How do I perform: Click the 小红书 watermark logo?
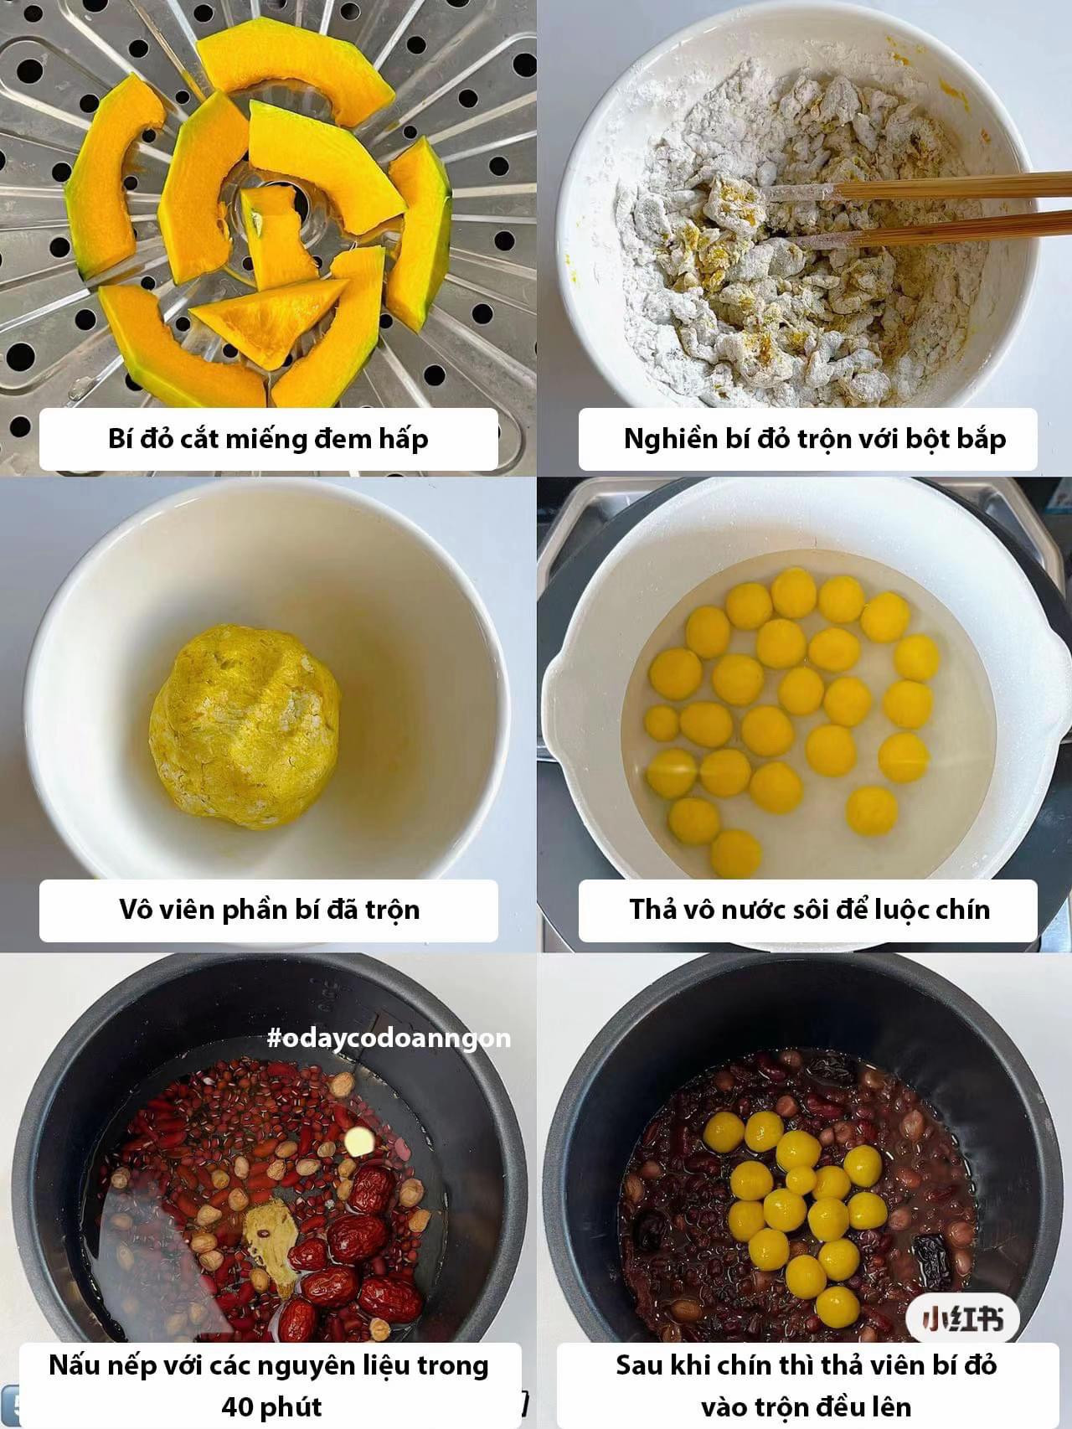pos(962,1320)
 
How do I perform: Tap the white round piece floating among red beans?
pos(358,1140)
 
